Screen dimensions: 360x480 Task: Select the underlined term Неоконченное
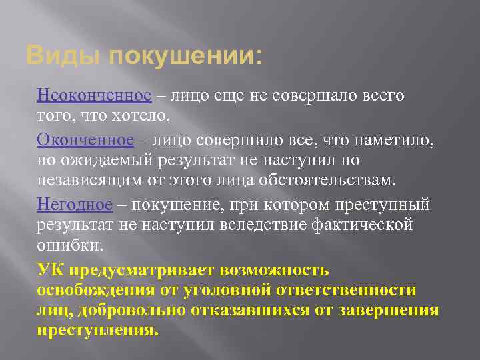coord(94,95)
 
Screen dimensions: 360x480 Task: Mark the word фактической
coord(361,225)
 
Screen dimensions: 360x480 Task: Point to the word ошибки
coord(70,245)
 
